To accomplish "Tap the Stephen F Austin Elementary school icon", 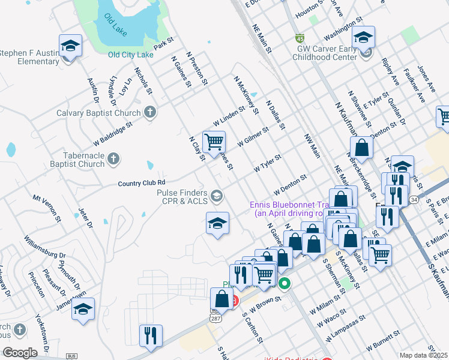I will click(x=70, y=46).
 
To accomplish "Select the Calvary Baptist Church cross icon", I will click(x=149, y=112).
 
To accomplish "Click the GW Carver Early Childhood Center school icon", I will click(x=363, y=37).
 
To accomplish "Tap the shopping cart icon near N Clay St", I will click(x=214, y=142).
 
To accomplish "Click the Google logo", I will click(x=20, y=353).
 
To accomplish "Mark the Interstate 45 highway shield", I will click(x=300, y=37).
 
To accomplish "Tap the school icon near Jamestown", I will click(x=83, y=310).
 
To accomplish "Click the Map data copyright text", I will click(x=423, y=355).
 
